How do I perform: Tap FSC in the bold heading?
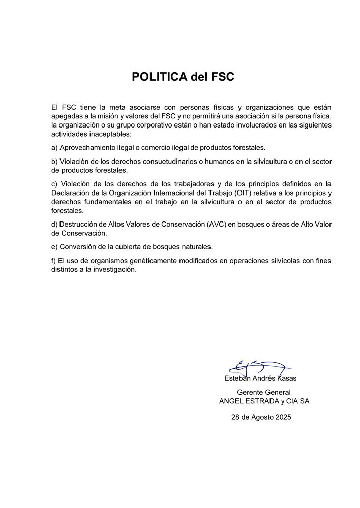[x=220, y=77]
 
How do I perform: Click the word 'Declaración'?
[x=72, y=193]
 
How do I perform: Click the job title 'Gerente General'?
[x=264, y=392]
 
